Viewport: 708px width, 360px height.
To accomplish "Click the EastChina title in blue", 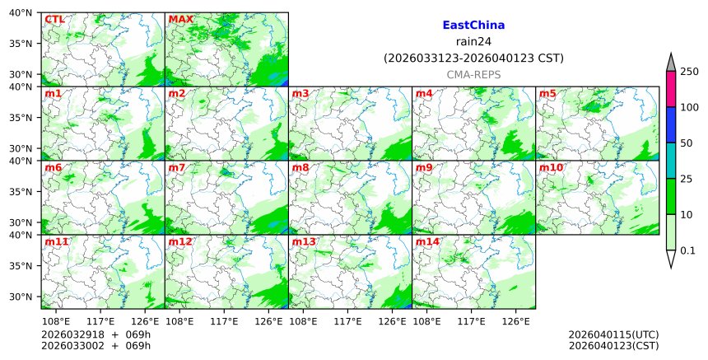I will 473,26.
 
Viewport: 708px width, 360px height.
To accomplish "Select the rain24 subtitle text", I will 473,42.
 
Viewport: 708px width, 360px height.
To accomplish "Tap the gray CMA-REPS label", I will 473,74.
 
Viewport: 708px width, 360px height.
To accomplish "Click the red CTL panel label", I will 54,19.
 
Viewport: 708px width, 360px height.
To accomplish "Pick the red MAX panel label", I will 180,19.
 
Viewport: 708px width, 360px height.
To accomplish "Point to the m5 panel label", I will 548,93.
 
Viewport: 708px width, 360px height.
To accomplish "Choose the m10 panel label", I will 552,167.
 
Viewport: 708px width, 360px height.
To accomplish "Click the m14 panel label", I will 428,241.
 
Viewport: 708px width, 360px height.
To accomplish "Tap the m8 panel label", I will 301,167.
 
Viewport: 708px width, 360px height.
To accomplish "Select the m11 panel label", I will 57,241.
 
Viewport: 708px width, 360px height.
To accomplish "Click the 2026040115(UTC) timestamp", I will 613,334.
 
